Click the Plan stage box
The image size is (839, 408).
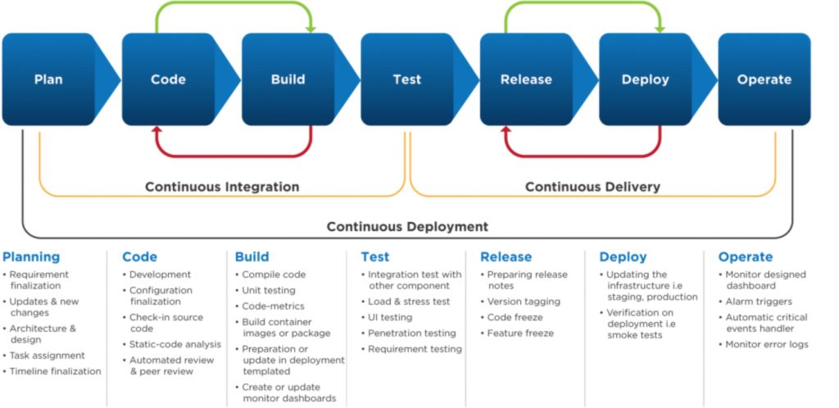point(48,79)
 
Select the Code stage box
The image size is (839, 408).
point(168,79)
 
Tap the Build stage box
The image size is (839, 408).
point(288,79)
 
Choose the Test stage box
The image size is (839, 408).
point(407,79)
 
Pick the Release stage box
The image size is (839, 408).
point(526,79)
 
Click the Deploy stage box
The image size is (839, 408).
point(646,79)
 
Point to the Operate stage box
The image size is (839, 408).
point(764,79)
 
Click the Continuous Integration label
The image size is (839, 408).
point(222,187)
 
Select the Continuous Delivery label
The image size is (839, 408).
point(592,187)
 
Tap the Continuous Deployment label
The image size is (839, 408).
point(407,226)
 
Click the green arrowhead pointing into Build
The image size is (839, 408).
point(311,29)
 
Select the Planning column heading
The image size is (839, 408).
point(31,257)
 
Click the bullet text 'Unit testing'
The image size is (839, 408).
point(269,290)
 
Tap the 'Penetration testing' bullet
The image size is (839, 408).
point(411,333)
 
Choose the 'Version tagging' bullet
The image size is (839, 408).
point(524,301)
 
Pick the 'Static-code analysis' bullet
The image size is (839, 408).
point(175,344)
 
